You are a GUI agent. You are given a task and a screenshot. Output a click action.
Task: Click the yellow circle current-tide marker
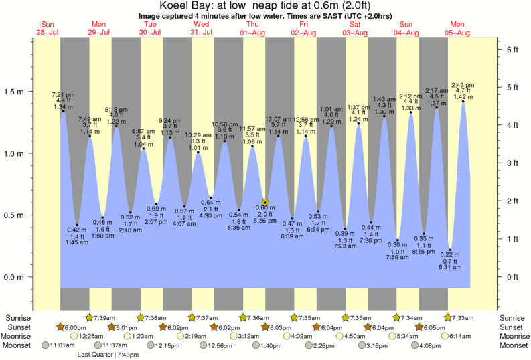coord(265,201)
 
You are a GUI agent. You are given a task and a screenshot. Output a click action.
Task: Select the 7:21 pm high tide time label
coord(63,94)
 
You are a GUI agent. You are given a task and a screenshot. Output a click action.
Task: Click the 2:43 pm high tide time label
coord(463,84)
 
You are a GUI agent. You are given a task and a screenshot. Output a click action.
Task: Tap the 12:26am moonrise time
coord(92,336)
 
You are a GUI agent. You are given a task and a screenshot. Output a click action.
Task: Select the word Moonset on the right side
coord(513,345)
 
